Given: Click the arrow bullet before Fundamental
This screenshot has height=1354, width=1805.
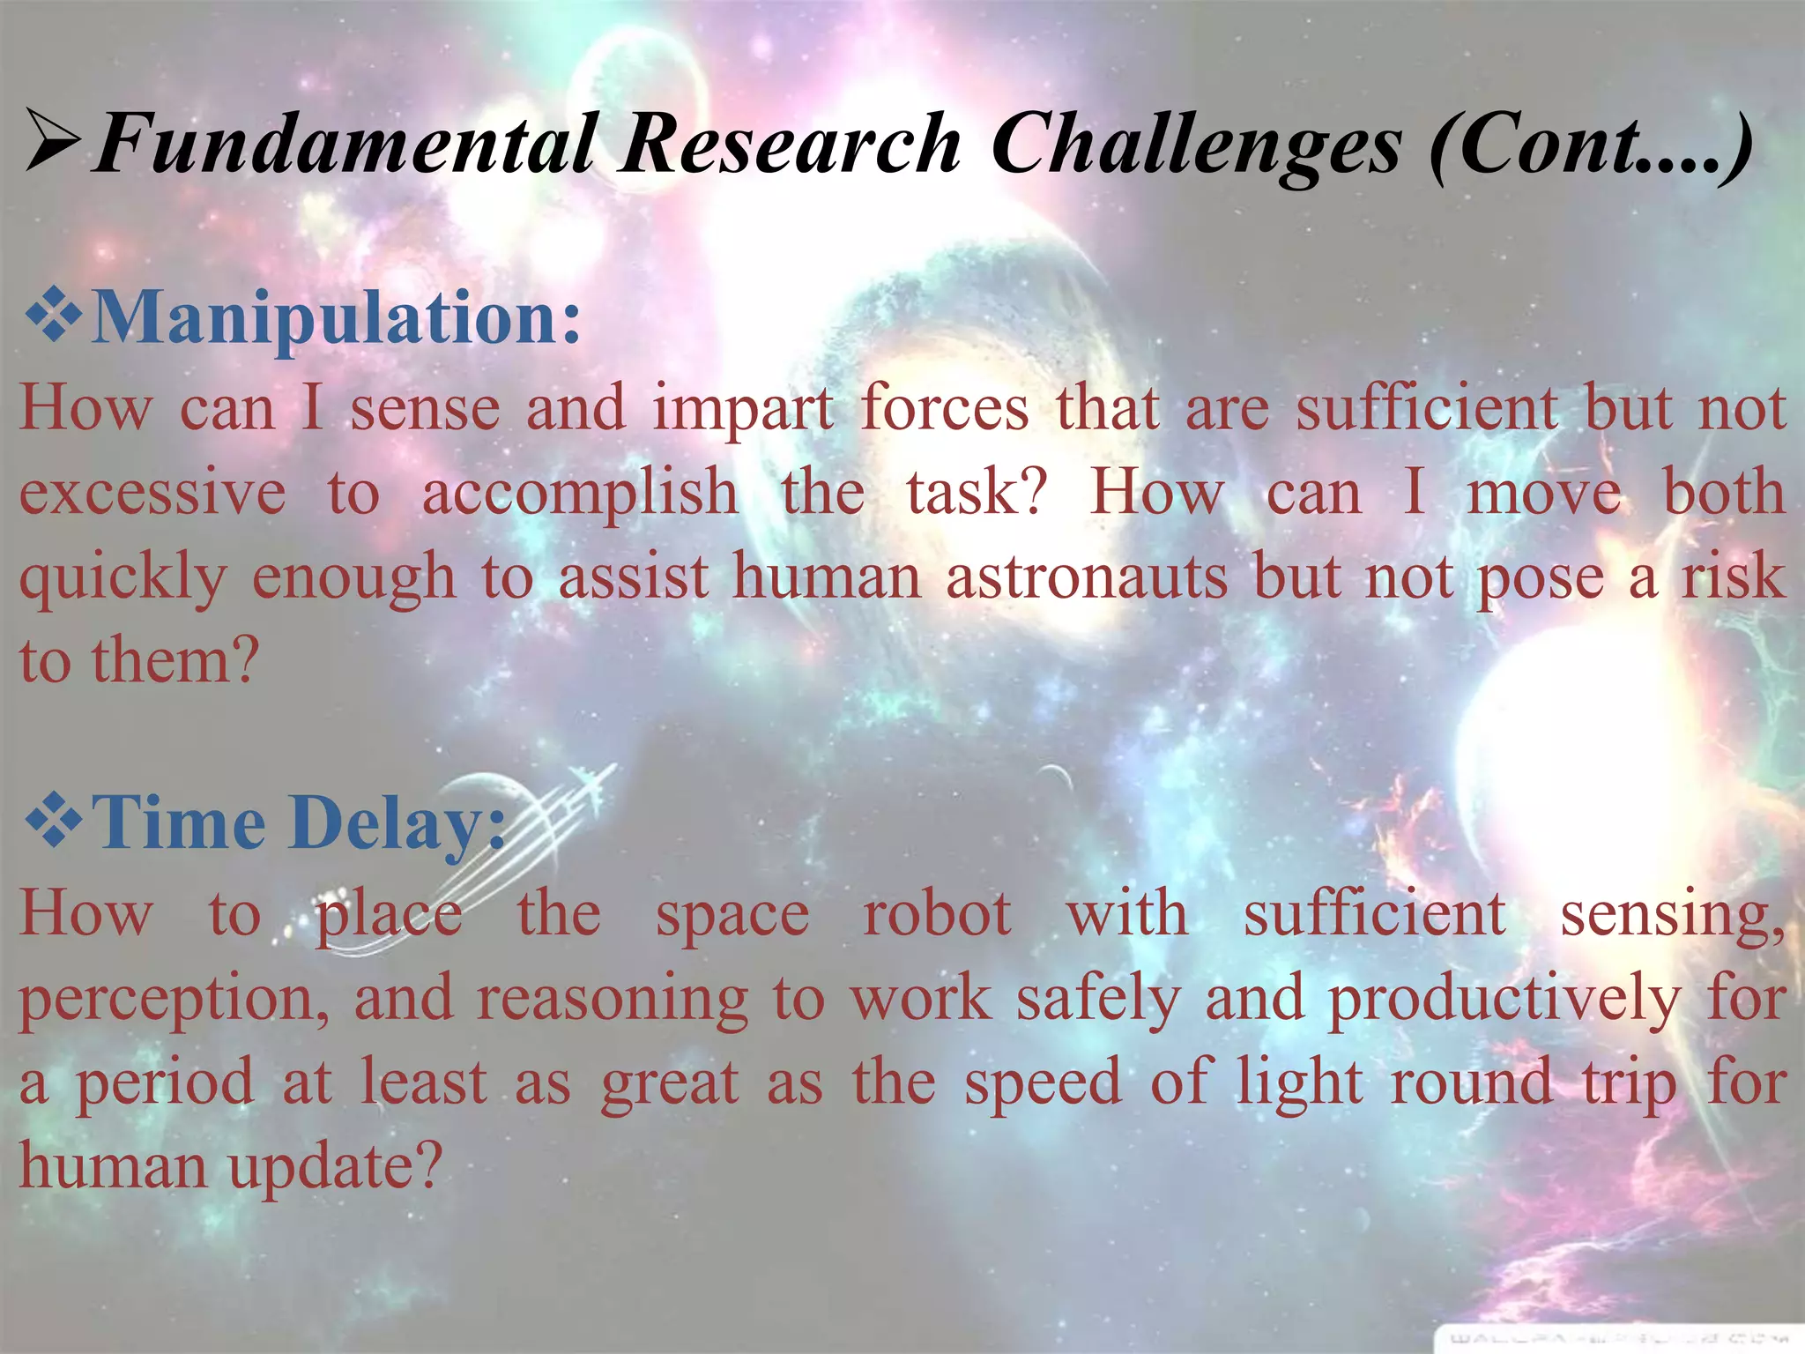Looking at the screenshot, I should click(55, 141).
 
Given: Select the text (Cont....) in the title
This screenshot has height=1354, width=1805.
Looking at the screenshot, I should click(1591, 145).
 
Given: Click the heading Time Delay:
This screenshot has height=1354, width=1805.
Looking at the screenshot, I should click(300, 823).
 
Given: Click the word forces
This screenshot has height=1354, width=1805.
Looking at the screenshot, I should click(944, 410).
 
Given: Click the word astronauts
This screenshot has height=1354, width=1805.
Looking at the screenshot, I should click(1086, 577).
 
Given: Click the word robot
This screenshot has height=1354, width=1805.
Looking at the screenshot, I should click(936, 914).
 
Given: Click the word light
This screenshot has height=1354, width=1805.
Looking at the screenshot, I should click(1299, 1083).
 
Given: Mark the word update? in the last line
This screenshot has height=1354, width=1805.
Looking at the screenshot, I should click(335, 1167).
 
